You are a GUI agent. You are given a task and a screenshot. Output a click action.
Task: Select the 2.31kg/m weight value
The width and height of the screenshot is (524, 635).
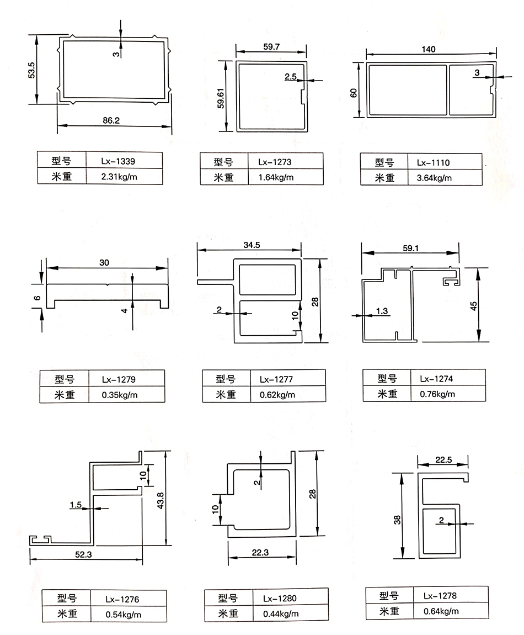click(119, 177)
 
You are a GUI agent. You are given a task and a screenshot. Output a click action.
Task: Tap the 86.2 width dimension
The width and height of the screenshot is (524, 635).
click(111, 120)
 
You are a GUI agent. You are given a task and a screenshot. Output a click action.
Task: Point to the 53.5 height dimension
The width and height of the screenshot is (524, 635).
click(31, 70)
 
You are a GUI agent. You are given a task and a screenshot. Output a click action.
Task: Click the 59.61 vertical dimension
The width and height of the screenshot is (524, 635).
click(221, 98)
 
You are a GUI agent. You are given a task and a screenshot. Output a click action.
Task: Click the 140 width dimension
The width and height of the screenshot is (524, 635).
click(429, 49)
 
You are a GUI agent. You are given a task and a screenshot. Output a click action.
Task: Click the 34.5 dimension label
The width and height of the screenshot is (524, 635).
click(252, 245)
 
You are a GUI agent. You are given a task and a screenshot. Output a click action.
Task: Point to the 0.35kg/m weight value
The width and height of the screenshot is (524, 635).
click(119, 395)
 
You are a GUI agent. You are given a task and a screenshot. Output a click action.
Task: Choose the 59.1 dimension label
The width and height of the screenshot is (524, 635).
click(411, 248)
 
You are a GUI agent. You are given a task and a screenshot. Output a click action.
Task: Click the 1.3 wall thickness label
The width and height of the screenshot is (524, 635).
click(382, 311)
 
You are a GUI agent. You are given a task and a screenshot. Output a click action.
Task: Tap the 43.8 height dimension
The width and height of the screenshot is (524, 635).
click(161, 501)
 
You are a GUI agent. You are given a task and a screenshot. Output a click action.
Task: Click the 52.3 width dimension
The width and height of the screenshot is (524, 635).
click(83, 554)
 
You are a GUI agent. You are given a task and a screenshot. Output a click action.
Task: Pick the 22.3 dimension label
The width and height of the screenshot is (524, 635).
click(260, 552)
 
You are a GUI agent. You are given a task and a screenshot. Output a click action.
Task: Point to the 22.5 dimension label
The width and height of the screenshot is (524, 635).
click(443, 459)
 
